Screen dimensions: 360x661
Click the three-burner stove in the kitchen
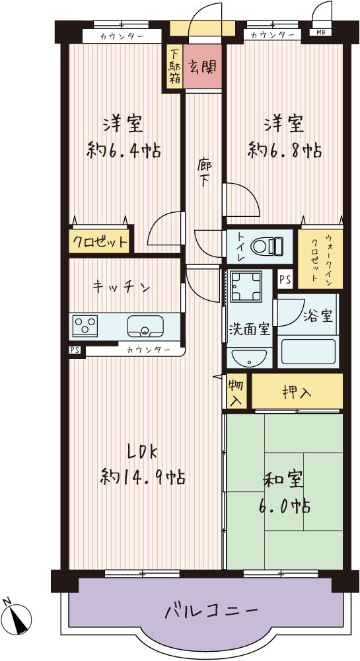tap(85, 326)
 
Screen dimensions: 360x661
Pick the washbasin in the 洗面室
tap(248, 358)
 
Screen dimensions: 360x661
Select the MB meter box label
tap(314, 32)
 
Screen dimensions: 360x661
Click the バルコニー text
tap(211, 610)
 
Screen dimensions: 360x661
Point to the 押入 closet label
tap(297, 393)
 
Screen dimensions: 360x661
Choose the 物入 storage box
tap(236, 392)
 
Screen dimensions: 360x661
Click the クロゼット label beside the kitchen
tap(99, 242)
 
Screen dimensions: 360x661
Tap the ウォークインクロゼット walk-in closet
tap(320, 259)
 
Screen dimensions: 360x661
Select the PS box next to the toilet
tap(285, 280)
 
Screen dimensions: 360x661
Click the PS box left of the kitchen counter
tap(75, 350)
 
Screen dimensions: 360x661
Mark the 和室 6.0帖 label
tap(283, 492)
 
